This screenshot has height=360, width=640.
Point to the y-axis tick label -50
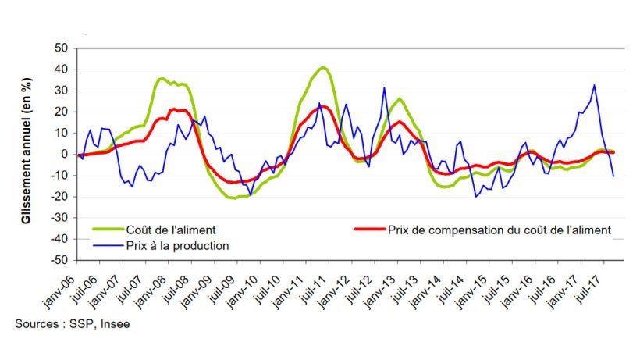coord(61,260)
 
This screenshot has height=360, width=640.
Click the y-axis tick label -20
coord(61,197)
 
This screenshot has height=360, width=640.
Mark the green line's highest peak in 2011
coord(323,67)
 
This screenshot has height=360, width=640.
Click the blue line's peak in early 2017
coord(595,85)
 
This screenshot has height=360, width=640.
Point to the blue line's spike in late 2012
coord(384,87)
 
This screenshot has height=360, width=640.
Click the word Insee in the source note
coord(114,324)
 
